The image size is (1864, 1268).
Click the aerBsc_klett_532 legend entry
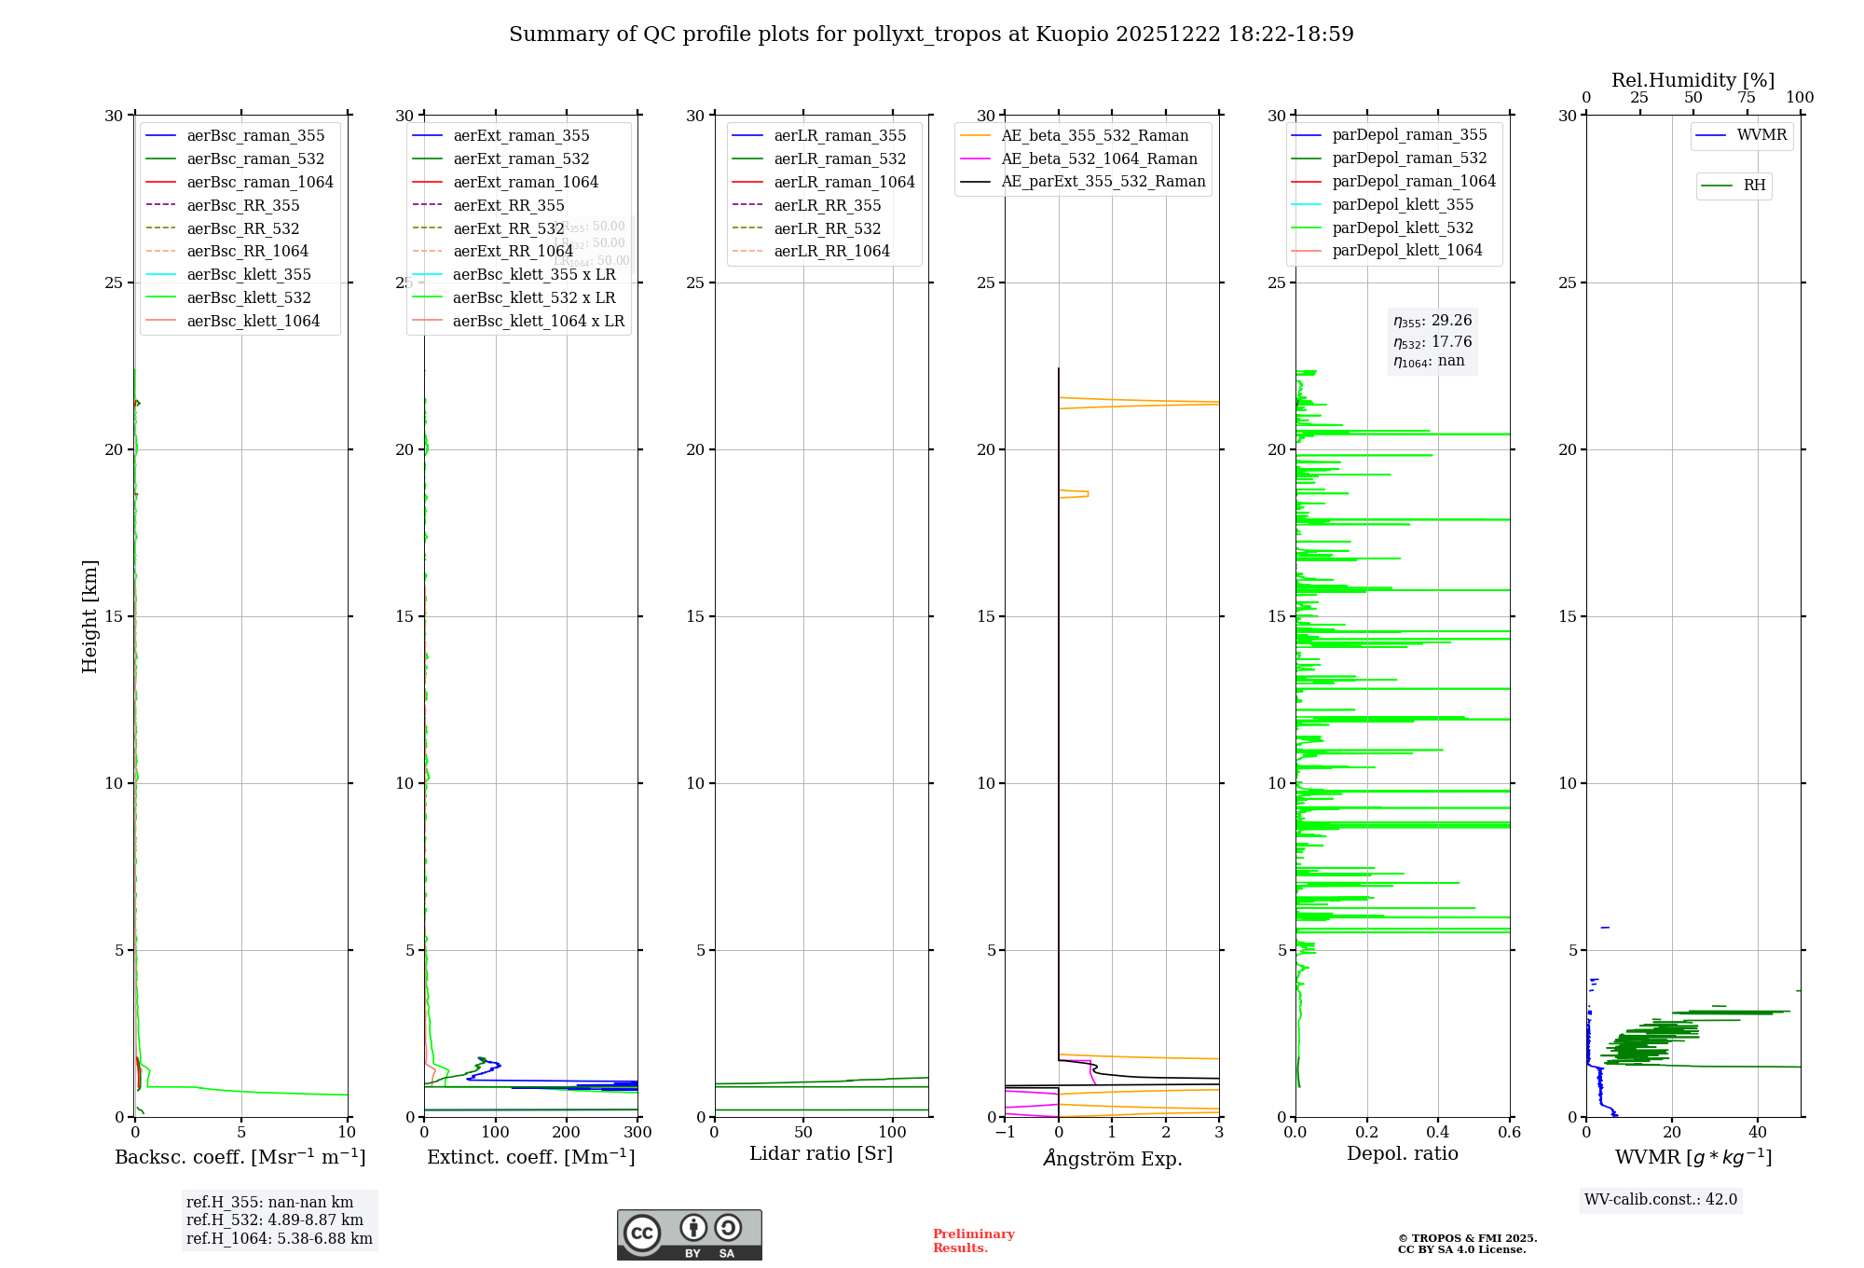[x=249, y=298]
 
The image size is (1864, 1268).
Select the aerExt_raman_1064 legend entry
[x=526, y=183]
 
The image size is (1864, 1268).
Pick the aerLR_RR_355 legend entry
[x=827, y=206]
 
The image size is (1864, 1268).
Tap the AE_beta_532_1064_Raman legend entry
[x=1099, y=159]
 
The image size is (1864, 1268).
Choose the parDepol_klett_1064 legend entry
[x=1406, y=251]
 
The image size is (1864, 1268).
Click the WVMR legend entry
[x=1761, y=135]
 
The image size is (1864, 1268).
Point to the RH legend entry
[x=1754, y=186]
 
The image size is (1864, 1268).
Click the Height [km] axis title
[x=89, y=616]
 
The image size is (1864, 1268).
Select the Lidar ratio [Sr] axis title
[x=821, y=1154]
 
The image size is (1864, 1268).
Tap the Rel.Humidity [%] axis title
[x=1693, y=80]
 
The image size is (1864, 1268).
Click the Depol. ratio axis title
[x=1402, y=1154]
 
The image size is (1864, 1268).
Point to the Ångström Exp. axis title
[x=1112, y=1159]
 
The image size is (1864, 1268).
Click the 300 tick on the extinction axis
[x=637, y=1133]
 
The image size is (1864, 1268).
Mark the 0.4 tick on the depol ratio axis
[x=1438, y=1133]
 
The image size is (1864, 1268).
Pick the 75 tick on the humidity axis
[x=1746, y=98]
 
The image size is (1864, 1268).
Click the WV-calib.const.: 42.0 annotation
[x=1661, y=1200]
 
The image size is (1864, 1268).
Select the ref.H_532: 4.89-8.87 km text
[x=275, y=1220]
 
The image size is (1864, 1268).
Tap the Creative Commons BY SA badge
[x=689, y=1234]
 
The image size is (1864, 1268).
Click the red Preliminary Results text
[x=973, y=1241]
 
